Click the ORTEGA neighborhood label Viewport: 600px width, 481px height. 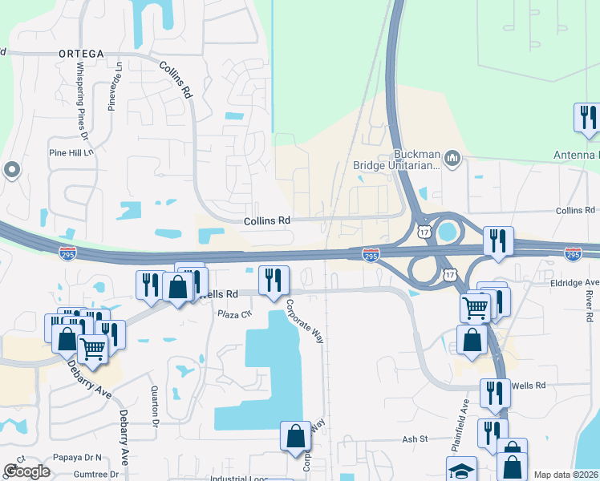[x=81, y=53]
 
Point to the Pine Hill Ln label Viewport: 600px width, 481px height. [x=71, y=152]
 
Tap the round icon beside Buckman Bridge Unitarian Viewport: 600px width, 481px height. [x=452, y=159]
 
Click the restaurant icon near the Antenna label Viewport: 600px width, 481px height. [x=587, y=118]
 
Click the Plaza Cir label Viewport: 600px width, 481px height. [x=235, y=313]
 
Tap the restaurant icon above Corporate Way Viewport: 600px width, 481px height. [x=274, y=280]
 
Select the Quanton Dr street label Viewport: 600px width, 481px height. [x=154, y=405]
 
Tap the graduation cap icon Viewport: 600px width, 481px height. [x=461, y=470]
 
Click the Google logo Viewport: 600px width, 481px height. [x=26, y=471]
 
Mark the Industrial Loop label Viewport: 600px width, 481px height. [x=239, y=478]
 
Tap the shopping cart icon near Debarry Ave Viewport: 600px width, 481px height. [x=94, y=349]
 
